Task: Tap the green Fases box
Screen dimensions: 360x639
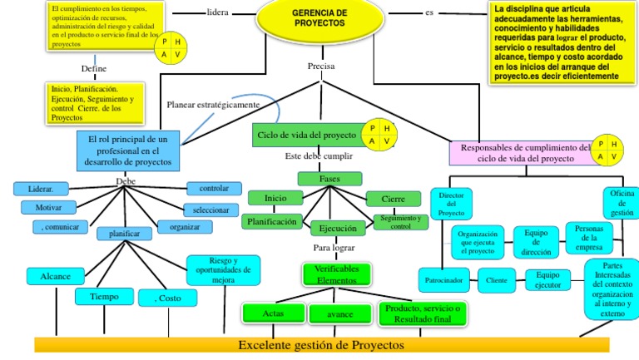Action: click(x=329, y=179)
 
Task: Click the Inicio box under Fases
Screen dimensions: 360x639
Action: click(x=275, y=198)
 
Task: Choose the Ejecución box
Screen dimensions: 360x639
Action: click(x=338, y=227)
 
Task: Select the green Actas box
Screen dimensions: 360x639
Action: click(x=272, y=313)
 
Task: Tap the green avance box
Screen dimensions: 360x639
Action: click(x=339, y=314)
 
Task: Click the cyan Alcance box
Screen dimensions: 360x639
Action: click(x=56, y=275)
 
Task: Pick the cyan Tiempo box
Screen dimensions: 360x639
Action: click(x=103, y=295)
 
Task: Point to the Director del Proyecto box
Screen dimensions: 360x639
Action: click(x=451, y=205)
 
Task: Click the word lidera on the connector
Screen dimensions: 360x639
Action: click(x=218, y=13)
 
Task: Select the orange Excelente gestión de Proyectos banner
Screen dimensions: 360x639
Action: click(x=320, y=344)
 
